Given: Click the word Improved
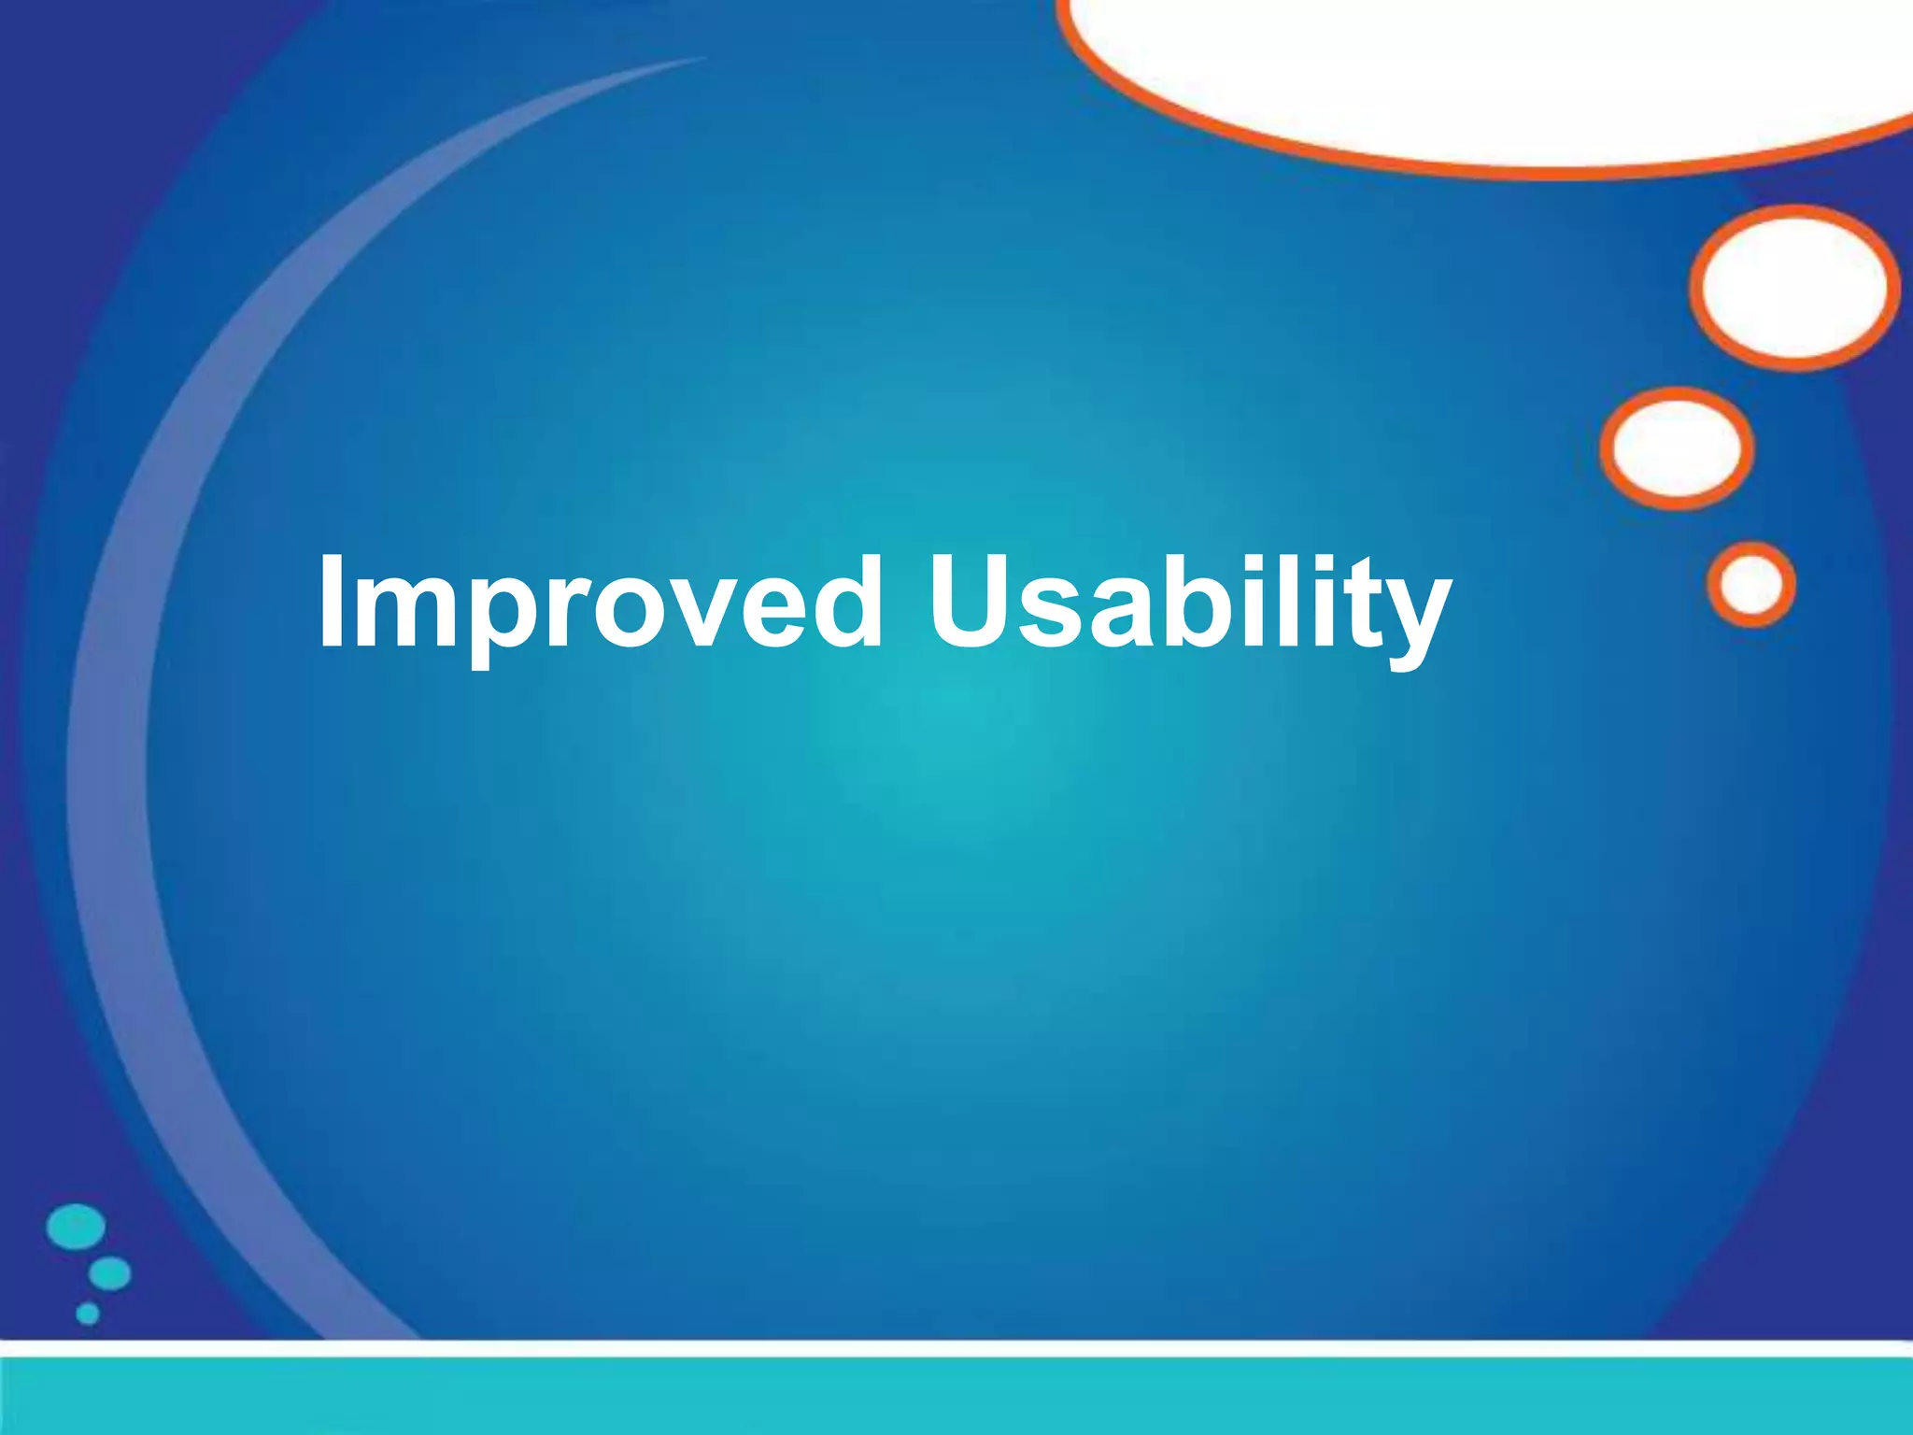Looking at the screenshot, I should click(x=599, y=603).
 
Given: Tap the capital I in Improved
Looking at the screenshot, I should click(x=330, y=600).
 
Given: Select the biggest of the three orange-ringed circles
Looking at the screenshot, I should click(x=1794, y=288).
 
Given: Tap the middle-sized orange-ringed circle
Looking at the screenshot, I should click(x=1677, y=448).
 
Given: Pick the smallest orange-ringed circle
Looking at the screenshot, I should click(x=1751, y=584).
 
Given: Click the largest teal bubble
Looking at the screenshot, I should click(x=76, y=1227).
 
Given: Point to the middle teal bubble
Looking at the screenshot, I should click(x=110, y=1273).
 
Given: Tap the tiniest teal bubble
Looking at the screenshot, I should click(x=88, y=1314).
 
